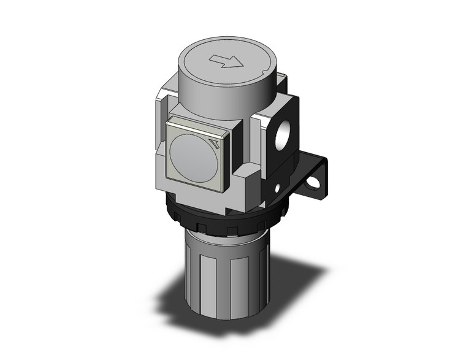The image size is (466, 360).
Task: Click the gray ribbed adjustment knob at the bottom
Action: click(x=223, y=276)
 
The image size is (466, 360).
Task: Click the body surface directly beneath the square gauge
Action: click(x=196, y=195)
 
